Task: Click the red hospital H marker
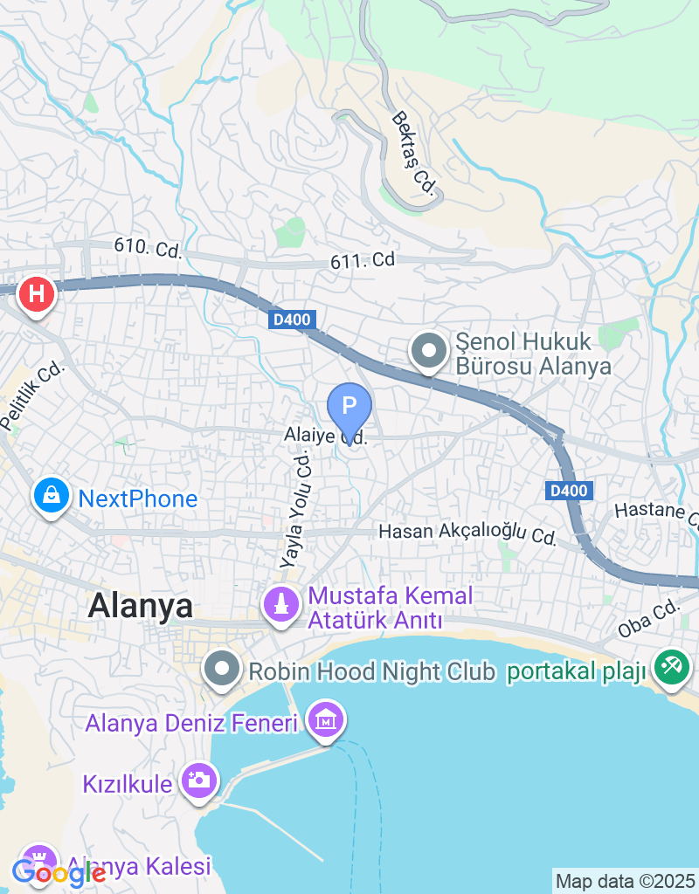tap(36, 294)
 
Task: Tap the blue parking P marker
tap(349, 406)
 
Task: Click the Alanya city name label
tap(141, 605)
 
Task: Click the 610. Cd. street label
tap(148, 249)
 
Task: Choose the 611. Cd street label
tap(363, 260)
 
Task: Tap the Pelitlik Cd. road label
tap(33, 397)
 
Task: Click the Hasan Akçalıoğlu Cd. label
tap(467, 533)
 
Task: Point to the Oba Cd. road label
tap(647, 618)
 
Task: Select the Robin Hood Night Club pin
tap(222, 670)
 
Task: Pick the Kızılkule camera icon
tap(199, 779)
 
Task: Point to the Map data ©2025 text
tap(625, 881)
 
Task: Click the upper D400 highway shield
tap(291, 320)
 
